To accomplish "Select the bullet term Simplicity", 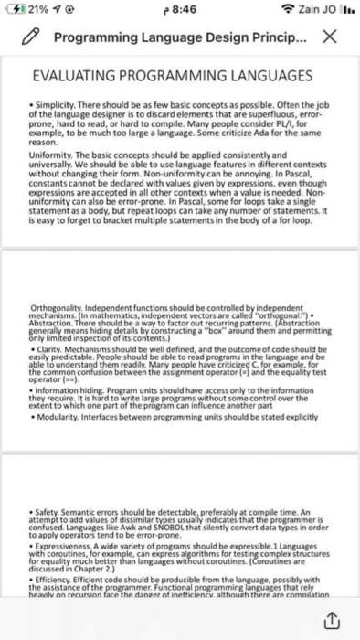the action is [x=54, y=104].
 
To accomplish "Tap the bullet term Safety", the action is [x=50, y=515].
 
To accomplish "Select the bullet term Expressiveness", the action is [x=64, y=551].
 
